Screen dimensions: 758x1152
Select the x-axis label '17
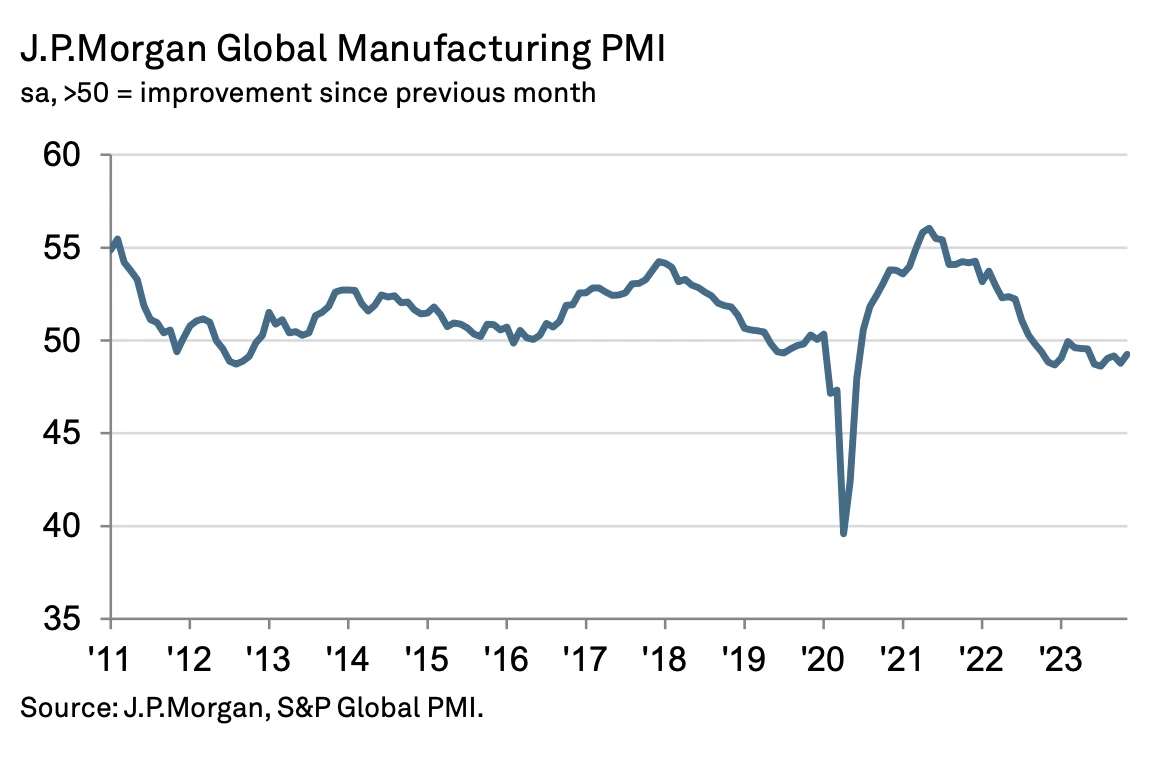pyautogui.click(x=584, y=655)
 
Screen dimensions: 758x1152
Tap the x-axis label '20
pyautogui.click(x=822, y=655)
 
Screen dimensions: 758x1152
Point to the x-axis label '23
pyautogui.click(x=1059, y=655)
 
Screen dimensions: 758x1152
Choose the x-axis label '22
pyautogui.click(x=980, y=655)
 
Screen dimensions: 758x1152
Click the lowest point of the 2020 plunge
pyautogui.click(x=844, y=534)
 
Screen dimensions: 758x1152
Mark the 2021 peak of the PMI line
pyautogui.click(x=929, y=228)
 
